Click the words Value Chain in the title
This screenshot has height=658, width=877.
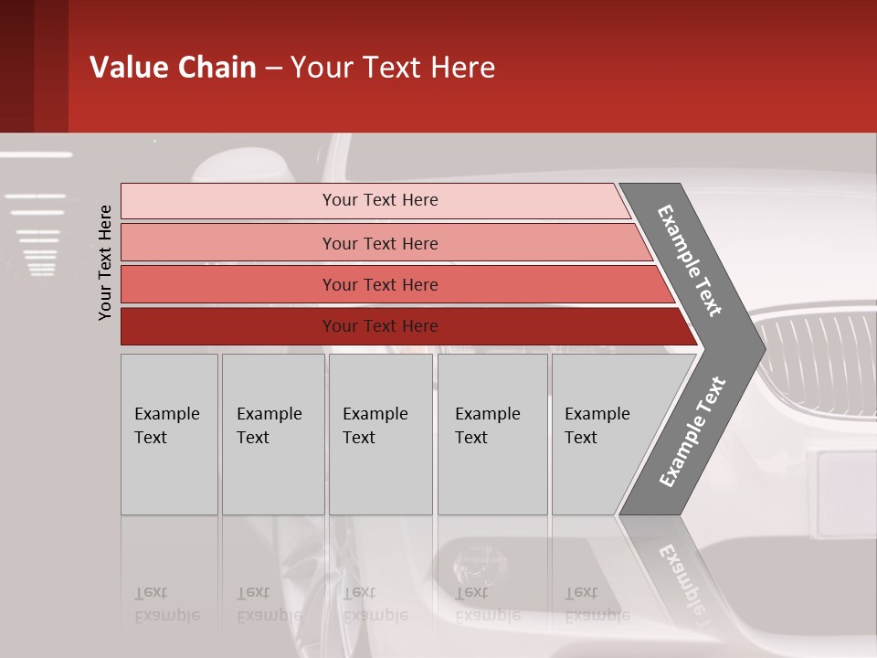[x=173, y=68]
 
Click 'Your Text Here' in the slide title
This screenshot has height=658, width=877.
[x=393, y=68]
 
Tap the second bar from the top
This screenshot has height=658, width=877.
[x=380, y=243]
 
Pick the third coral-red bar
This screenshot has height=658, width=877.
[x=380, y=284]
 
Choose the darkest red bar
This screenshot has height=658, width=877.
[x=380, y=326]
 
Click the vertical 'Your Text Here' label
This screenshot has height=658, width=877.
[x=105, y=262]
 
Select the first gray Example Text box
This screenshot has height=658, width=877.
[x=169, y=434]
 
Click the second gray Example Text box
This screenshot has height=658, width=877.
[x=272, y=434]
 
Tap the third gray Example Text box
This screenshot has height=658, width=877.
[x=380, y=434]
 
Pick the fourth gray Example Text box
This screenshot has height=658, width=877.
[x=491, y=434]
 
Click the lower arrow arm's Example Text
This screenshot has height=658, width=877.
[x=692, y=431]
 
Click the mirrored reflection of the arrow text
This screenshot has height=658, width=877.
[x=683, y=576]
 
